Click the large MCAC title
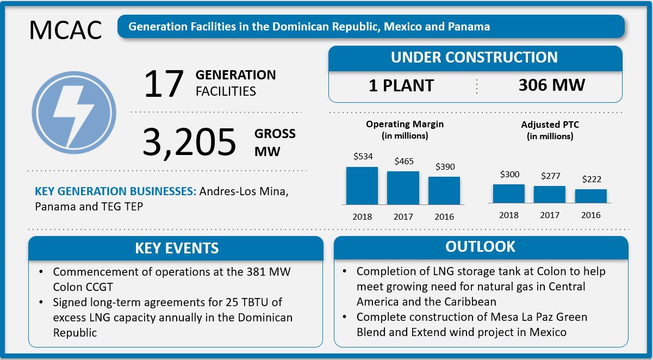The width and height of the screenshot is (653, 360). coord(65,30)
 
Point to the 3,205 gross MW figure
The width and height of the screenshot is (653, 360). coord(189,142)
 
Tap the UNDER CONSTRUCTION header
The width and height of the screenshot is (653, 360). coord(475,58)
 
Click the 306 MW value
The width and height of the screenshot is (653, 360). coord(551,85)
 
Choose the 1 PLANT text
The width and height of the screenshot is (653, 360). coord(401,85)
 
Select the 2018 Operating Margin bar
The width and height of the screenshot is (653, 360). coord(362,185)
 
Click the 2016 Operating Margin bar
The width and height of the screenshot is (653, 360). coord(444,190)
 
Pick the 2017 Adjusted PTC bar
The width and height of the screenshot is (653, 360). coord(550,194)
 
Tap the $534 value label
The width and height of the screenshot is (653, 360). coord(363,157)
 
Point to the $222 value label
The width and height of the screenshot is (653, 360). coord(591,179)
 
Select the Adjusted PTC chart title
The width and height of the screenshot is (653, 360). coord(550,130)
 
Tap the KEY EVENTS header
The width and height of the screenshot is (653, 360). coord(177,249)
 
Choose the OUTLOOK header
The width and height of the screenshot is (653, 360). coord(480,246)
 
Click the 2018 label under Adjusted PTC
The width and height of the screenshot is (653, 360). coord(509,215)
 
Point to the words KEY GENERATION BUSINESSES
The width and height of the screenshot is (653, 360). coord(115,191)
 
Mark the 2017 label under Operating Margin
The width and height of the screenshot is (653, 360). coord(403,216)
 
